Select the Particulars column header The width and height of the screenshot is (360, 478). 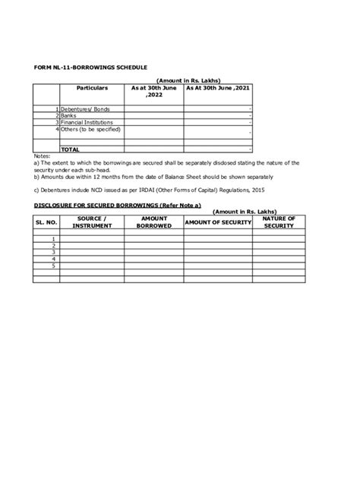coord(92,88)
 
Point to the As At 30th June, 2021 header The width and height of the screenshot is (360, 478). coord(217,88)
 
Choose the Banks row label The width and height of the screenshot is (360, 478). coord(69,116)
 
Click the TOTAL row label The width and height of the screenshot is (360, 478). coord(71,149)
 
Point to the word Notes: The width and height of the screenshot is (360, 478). coord(43,155)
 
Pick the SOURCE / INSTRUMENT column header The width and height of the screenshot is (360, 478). coord(92,222)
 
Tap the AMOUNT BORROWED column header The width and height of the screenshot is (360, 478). coord(154,222)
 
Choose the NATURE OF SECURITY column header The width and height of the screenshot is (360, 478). coord(279,222)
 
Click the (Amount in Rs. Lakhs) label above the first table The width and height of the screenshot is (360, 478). coord(188,80)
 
